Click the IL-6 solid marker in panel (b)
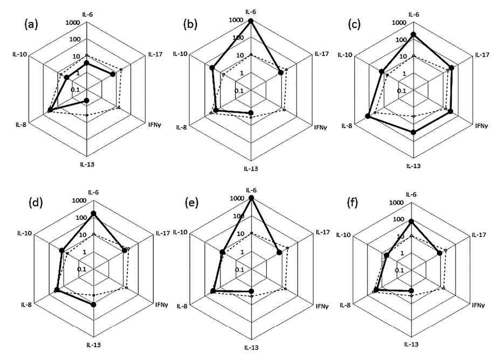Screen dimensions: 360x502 [x=251, y=22]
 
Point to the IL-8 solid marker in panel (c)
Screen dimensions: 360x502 [x=368, y=116]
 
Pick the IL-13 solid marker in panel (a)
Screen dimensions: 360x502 [x=86, y=101]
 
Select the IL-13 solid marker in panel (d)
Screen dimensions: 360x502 [x=93, y=305]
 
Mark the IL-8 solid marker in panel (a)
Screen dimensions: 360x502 [x=50, y=110]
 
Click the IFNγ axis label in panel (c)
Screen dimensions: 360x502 [x=481, y=126]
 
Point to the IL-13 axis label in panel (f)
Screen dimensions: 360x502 [x=412, y=343]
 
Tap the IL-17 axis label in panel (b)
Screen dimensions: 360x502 [x=321, y=54]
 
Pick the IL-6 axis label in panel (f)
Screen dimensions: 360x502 [x=411, y=194]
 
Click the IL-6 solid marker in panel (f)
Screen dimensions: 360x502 [x=411, y=221]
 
